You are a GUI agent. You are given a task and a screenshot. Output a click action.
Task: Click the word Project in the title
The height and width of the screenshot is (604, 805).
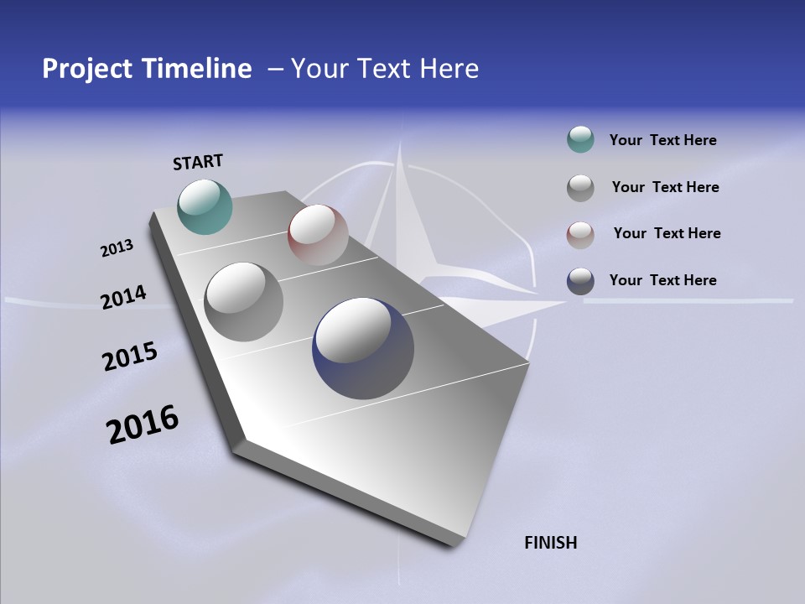pyautogui.click(x=86, y=69)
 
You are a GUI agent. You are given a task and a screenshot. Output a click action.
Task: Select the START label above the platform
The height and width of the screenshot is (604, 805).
pyautogui.click(x=198, y=162)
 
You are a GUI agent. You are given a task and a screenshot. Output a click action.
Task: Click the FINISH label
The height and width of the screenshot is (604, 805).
pyautogui.click(x=551, y=543)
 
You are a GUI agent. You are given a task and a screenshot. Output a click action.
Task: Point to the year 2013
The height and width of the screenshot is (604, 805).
pyautogui.click(x=117, y=248)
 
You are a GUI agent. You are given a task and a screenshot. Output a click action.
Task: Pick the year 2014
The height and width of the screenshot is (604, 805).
pyautogui.click(x=123, y=297)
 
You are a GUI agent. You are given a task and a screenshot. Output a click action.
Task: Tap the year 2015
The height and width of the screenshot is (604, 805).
pyautogui.click(x=130, y=357)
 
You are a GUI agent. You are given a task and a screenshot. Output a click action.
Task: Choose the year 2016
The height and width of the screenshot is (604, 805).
pyautogui.click(x=143, y=424)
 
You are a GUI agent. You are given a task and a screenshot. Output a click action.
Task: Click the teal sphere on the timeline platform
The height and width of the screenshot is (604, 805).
pyautogui.click(x=205, y=206)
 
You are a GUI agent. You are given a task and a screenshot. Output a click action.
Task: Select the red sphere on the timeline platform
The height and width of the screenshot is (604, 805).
pyautogui.click(x=318, y=235)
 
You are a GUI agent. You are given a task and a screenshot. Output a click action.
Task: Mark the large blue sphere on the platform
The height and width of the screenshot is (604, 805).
pyautogui.click(x=363, y=348)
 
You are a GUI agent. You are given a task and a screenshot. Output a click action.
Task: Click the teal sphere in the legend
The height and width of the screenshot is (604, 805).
pyautogui.click(x=580, y=140)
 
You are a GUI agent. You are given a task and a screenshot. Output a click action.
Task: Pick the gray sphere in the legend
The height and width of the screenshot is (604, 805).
pyautogui.click(x=580, y=188)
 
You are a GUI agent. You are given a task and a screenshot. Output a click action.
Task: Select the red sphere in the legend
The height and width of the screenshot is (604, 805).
pyautogui.click(x=580, y=234)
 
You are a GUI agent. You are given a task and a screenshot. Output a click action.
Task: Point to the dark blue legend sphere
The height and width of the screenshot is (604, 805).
pyautogui.click(x=580, y=281)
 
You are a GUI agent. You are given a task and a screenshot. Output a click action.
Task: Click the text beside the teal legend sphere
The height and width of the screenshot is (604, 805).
pyautogui.click(x=662, y=140)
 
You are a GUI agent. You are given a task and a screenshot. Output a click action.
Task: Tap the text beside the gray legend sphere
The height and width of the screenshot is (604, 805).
pyautogui.click(x=665, y=187)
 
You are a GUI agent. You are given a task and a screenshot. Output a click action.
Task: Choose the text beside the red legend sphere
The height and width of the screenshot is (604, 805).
pyautogui.click(x=667, y=233)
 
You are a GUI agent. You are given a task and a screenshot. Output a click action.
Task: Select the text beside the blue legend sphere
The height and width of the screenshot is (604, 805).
pyautogui.click(x=662, y=280)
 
